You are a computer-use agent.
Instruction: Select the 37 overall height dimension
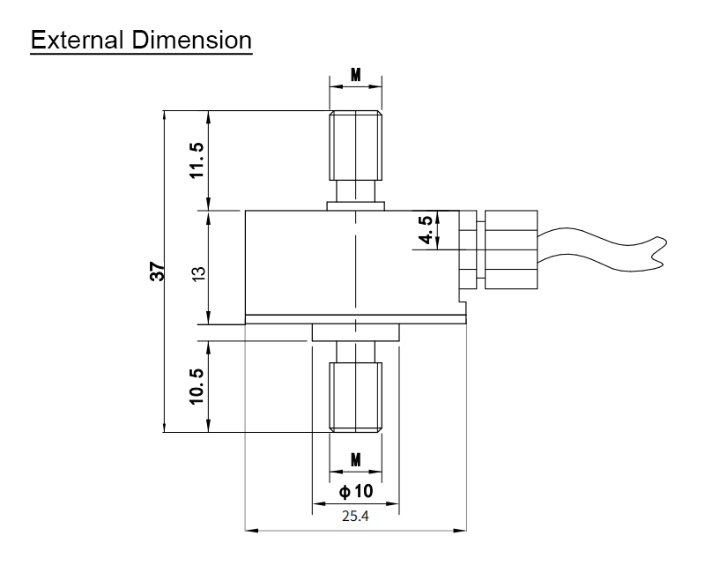click(x=157, y=272)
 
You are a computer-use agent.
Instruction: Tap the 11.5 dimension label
click(x=197, y=160)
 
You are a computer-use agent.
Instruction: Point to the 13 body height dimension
click(x=198, y=272)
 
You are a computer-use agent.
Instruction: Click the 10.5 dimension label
click(x=197, y=386)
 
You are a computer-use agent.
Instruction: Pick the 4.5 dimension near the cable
click(x=426, y=230)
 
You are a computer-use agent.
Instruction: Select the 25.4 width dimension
click(x=355, y=517)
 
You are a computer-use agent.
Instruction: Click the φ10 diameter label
click(x=355, y=491)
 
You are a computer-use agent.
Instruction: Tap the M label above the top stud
click(x=355, y=75)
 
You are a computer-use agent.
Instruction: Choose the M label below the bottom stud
click(x=355, y=460)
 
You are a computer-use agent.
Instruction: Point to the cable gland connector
click(x=507, y=249)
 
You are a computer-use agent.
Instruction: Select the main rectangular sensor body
click(x=352, y=264)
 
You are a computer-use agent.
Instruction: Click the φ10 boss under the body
click(x=355, y=333)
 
